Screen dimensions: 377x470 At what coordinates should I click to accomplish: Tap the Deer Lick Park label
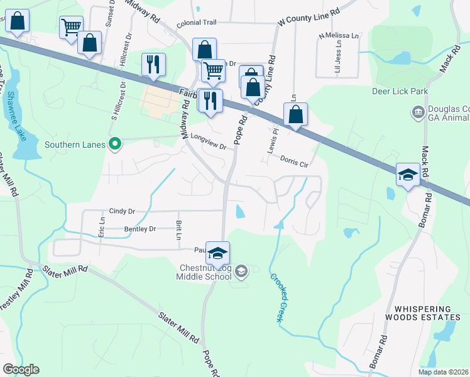coord(400,91)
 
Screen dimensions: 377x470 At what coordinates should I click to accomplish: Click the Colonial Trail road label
coord(196,23)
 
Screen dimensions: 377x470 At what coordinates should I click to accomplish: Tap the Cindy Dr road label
coord(123,211)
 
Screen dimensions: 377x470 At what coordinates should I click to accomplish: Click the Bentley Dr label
coord(139,229)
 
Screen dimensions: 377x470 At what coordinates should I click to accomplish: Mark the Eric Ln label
coord(102,227)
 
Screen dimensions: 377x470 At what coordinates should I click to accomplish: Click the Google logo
coord(21,369)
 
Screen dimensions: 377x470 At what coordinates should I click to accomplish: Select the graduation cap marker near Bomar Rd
coord(408,175)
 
